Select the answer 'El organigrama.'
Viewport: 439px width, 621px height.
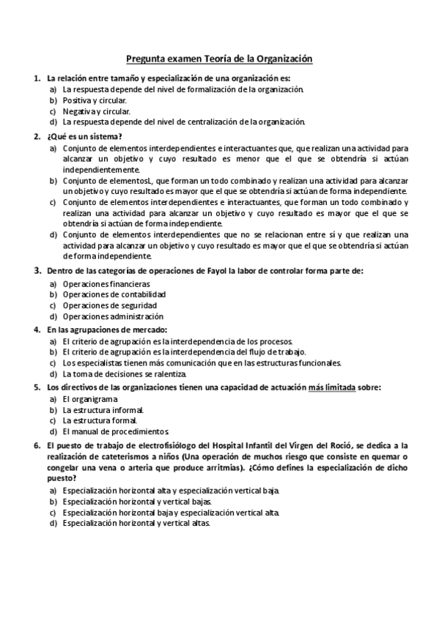(90, 399)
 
